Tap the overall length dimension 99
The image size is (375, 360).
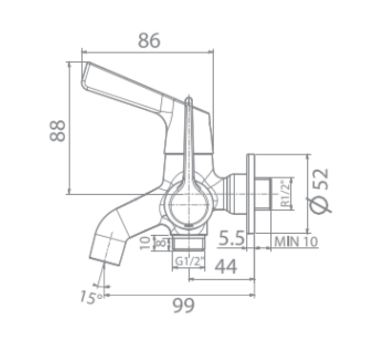coord(187,306)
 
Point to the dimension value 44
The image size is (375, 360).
coord(225,267)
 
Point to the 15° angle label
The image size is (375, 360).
coord(88,297)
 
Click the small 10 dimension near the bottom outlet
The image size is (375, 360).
coord(144,242)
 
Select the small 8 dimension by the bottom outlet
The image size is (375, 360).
coord(158,242)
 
